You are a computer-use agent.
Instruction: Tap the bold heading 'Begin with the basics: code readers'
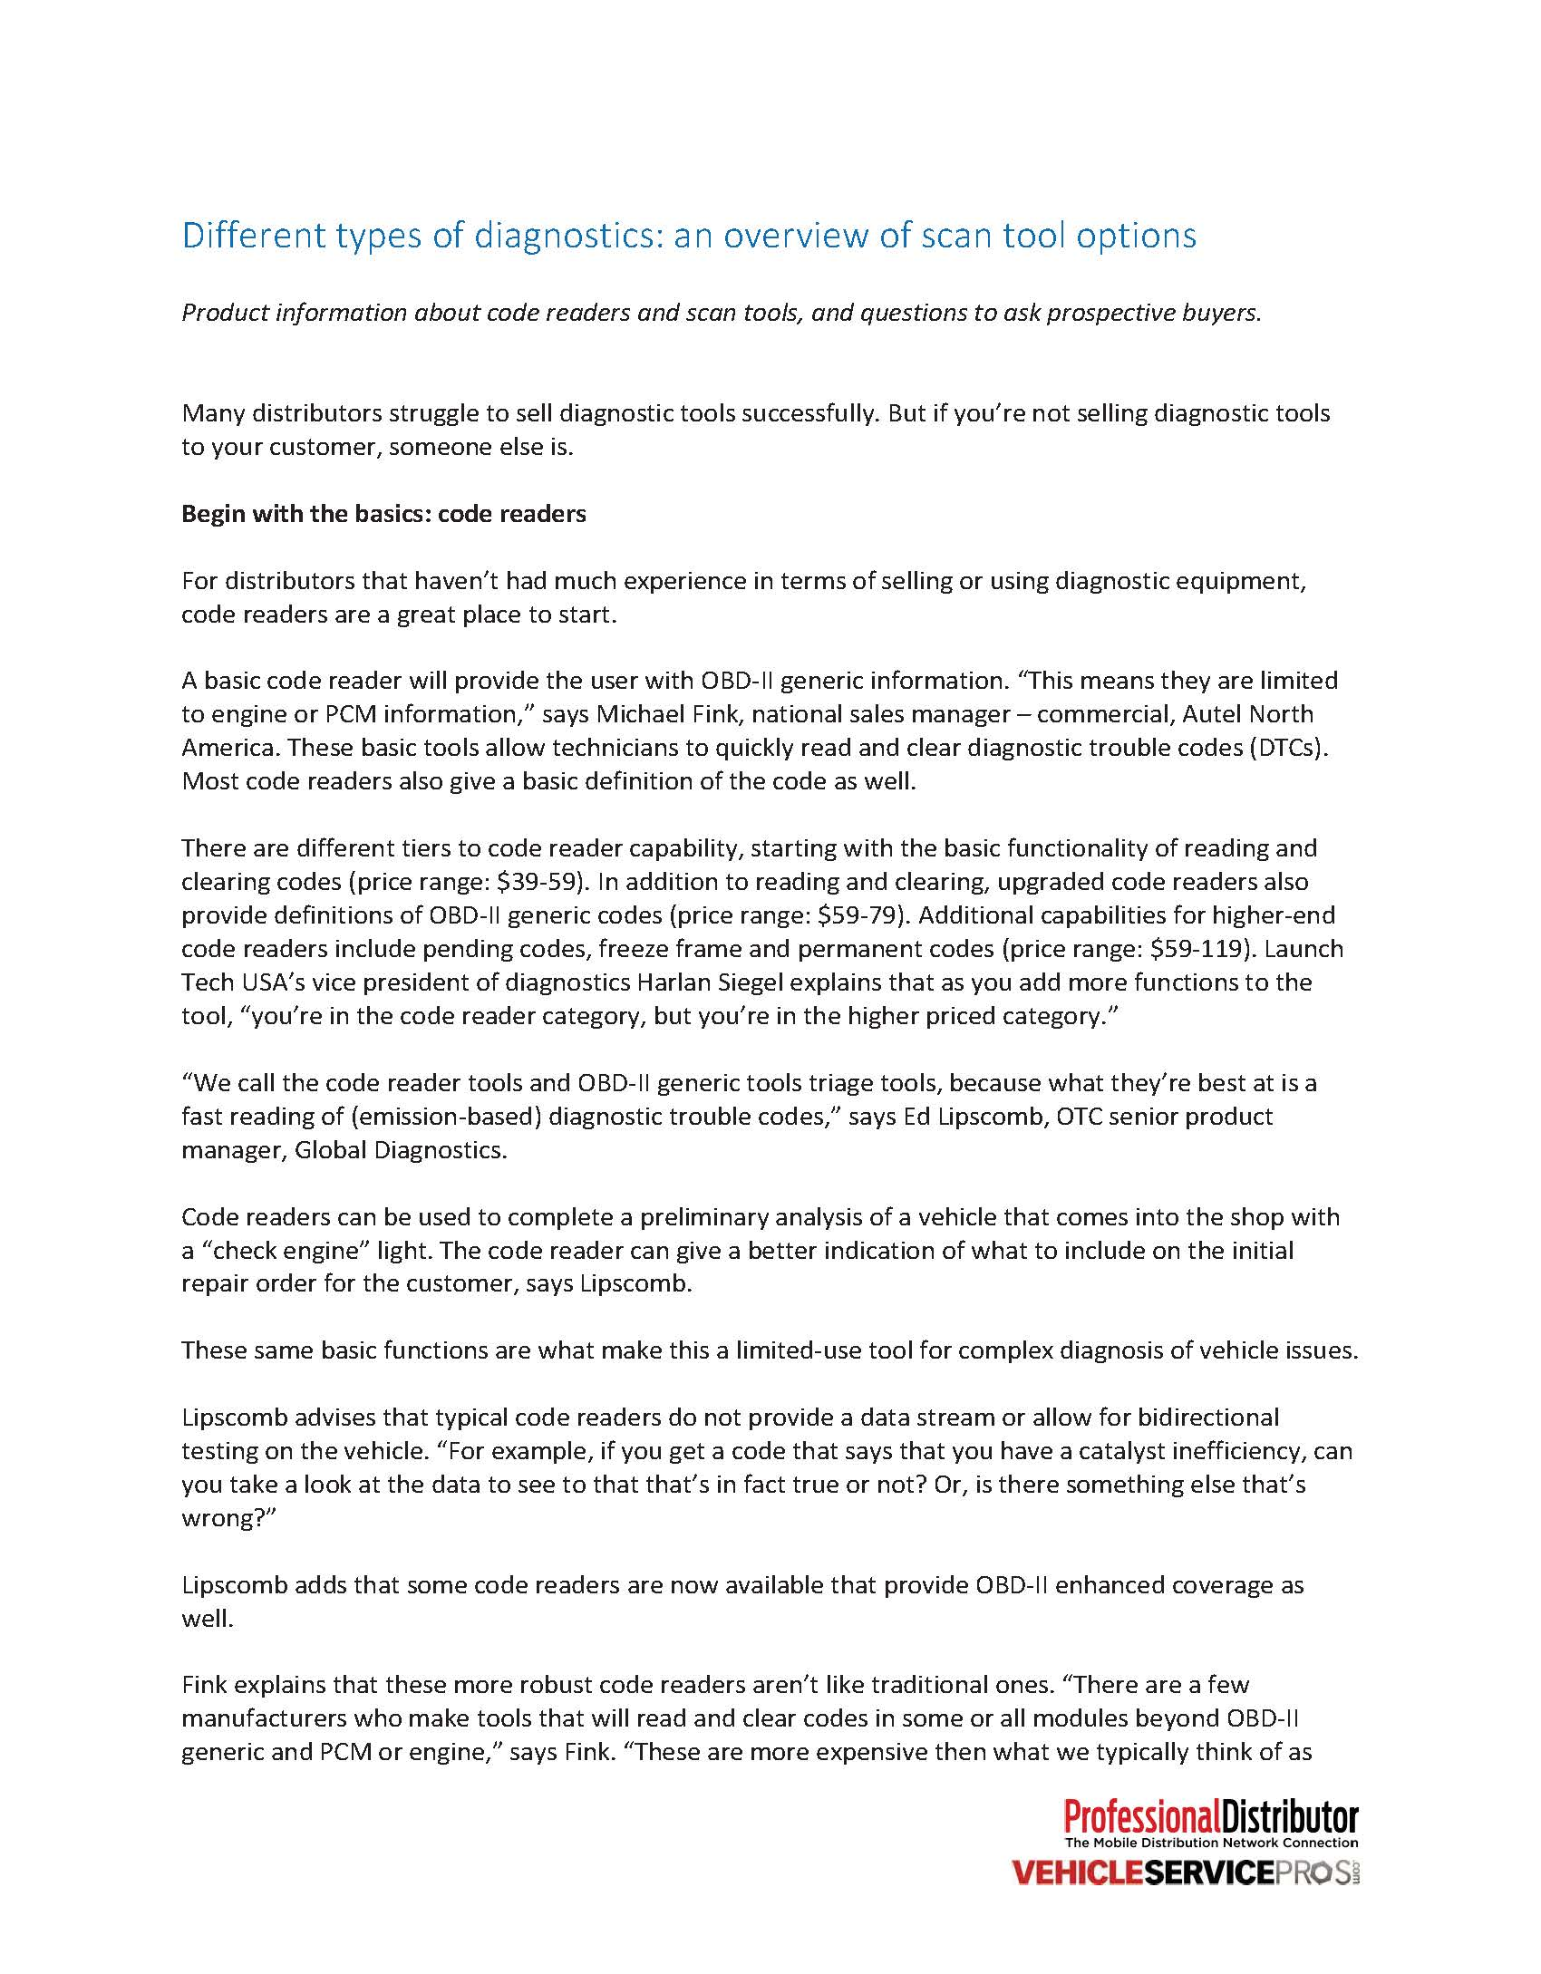click(x=383, y=514)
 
